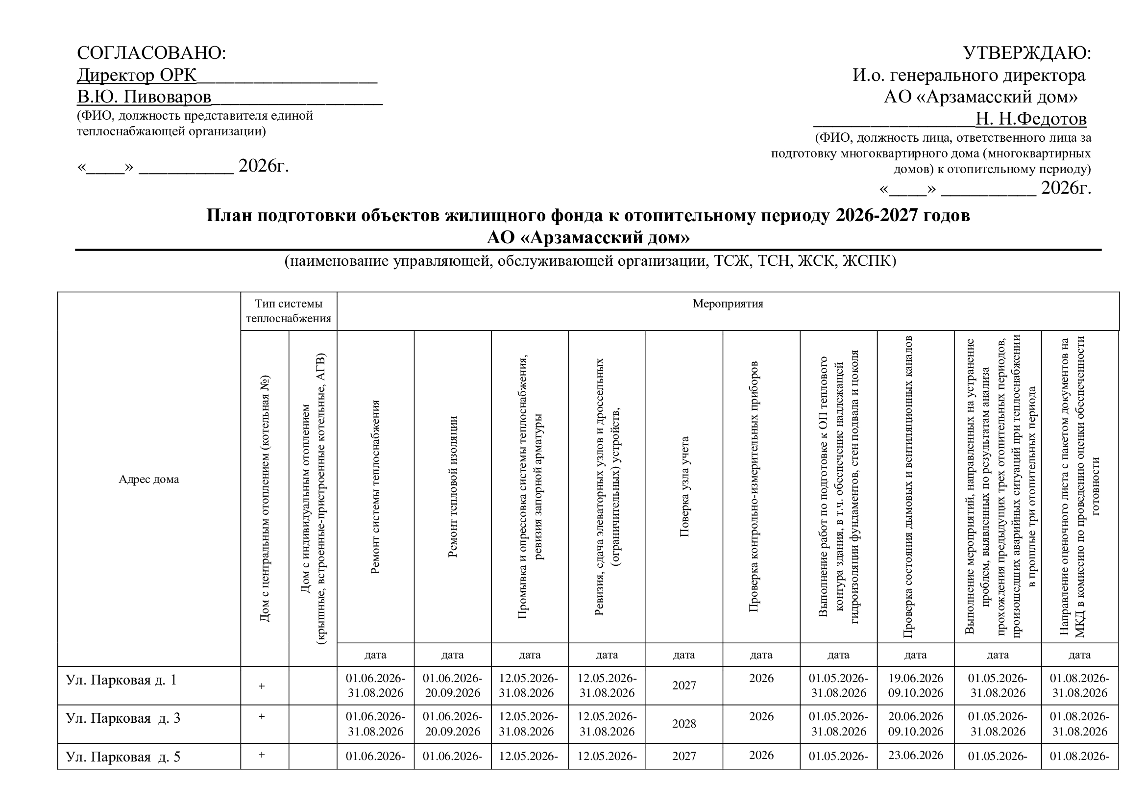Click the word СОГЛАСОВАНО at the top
[x=151, y=53]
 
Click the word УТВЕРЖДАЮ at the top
[x=1026, y=53]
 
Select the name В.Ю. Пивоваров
[x=144, y=97]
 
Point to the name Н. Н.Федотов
[x=1031, y=119]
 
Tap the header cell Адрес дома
[x=149, y=480]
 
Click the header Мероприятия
[x=728, y=304]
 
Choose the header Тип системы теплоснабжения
[x=289, y=311]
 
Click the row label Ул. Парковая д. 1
[x=121, y=680]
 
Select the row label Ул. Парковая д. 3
[x=123, y=718]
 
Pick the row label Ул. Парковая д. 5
[x=123, y=757]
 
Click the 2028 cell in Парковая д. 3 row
[x=684, y=724]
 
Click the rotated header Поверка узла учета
[x=684, y=487]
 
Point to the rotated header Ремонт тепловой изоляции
[x=453, y=487]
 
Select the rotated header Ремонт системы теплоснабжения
[x=375, y=487]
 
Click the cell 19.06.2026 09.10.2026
[x=915, y=685]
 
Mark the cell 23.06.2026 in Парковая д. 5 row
[x=915, y=755]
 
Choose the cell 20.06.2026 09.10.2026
[x=915, y=724]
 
